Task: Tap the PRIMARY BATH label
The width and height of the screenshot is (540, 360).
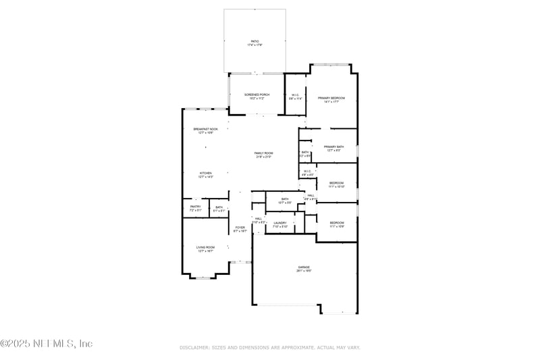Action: coord(334,149)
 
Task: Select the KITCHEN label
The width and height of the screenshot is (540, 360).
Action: coord(206,175)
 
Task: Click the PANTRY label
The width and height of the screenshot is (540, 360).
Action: coord(196,208)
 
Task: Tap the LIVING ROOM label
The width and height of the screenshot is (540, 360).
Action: coord(205,249)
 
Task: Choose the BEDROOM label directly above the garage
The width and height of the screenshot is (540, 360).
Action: coord(337,224)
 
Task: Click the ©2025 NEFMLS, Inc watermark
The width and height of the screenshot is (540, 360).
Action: coord(46,343)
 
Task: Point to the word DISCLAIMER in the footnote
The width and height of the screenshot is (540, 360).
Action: coord(194,347)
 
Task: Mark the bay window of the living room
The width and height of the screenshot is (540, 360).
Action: coord(203,277)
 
